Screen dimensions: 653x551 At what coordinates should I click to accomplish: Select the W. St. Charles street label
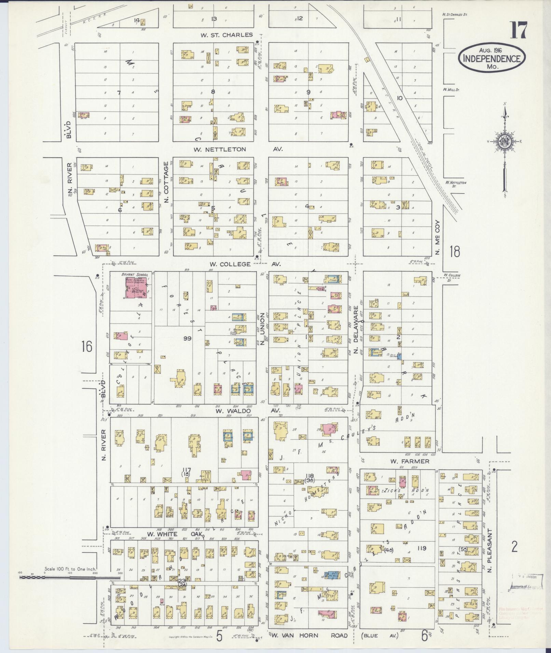pyautogui.click(x=226, y=35)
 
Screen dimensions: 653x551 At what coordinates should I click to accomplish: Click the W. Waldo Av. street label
pyautogui.click(x=247, y=411)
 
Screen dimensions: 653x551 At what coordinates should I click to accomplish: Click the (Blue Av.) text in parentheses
pyautogui.click(x=377, y=635)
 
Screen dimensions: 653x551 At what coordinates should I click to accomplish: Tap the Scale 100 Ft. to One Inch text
pyautogui.click(x=70, y=569)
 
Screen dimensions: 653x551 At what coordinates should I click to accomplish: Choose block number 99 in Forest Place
pyautogui.click(x=187, y=338)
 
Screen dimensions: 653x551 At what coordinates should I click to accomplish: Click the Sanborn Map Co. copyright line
pyautogui.click(x=191, y=637)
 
